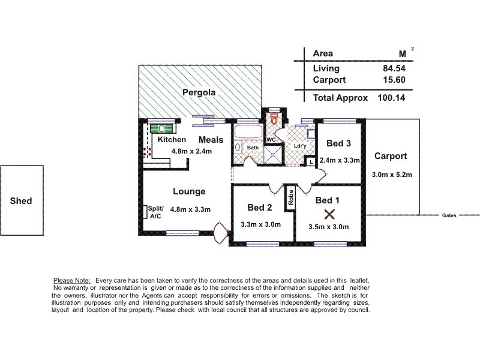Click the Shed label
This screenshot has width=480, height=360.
21,201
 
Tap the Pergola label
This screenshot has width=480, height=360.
199,93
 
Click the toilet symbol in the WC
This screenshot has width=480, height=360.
275,120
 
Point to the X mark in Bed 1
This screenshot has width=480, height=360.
329,214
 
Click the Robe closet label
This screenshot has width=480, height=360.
290,199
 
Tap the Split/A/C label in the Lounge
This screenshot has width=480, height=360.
155,212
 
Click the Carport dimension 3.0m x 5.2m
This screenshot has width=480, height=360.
391,175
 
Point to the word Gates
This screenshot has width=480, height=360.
449,215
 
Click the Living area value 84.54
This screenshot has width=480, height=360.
393,68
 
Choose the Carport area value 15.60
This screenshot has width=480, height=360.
393,80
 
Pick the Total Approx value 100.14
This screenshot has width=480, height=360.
391,97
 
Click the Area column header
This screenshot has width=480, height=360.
323,53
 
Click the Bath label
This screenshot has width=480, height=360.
253,148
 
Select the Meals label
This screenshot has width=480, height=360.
211,140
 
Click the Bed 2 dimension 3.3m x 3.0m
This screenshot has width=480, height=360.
260,225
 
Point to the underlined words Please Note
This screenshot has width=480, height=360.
72,280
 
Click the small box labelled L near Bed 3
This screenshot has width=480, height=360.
310,161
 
